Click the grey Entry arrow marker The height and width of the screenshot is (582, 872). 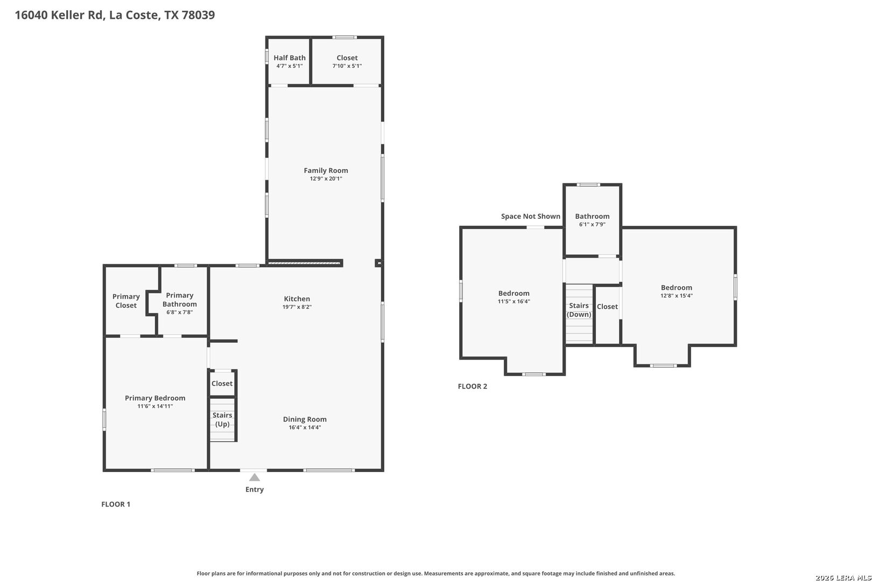point(254,477)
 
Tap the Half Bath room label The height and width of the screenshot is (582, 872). point(290,58)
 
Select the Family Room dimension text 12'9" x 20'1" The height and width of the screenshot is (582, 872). point(326,179)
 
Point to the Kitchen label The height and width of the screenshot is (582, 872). point(297,299)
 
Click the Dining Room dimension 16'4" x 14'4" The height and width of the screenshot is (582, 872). point(305,428)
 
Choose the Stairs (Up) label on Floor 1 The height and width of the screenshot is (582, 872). point(222,419)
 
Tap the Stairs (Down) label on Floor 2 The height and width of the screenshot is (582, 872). point(579,310)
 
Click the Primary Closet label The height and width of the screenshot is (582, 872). point(126,301)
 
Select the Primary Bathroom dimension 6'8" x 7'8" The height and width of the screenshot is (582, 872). point(179,312)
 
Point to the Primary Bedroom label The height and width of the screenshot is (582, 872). point(155,398)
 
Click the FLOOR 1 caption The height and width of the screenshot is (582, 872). point(116,504)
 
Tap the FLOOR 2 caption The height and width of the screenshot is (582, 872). point(472,386)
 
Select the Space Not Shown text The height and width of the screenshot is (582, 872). point(531,216)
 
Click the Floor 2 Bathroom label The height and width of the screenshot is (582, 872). point(592,216)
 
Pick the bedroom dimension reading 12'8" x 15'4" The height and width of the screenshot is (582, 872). point(677,296)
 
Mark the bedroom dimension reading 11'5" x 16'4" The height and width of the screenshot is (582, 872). point(514,301)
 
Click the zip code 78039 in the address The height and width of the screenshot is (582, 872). point(198,15)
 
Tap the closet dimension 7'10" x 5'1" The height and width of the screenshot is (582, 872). point(347,66)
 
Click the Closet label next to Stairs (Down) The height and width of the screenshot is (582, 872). point(607,307)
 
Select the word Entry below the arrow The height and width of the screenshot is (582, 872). point(255,490)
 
